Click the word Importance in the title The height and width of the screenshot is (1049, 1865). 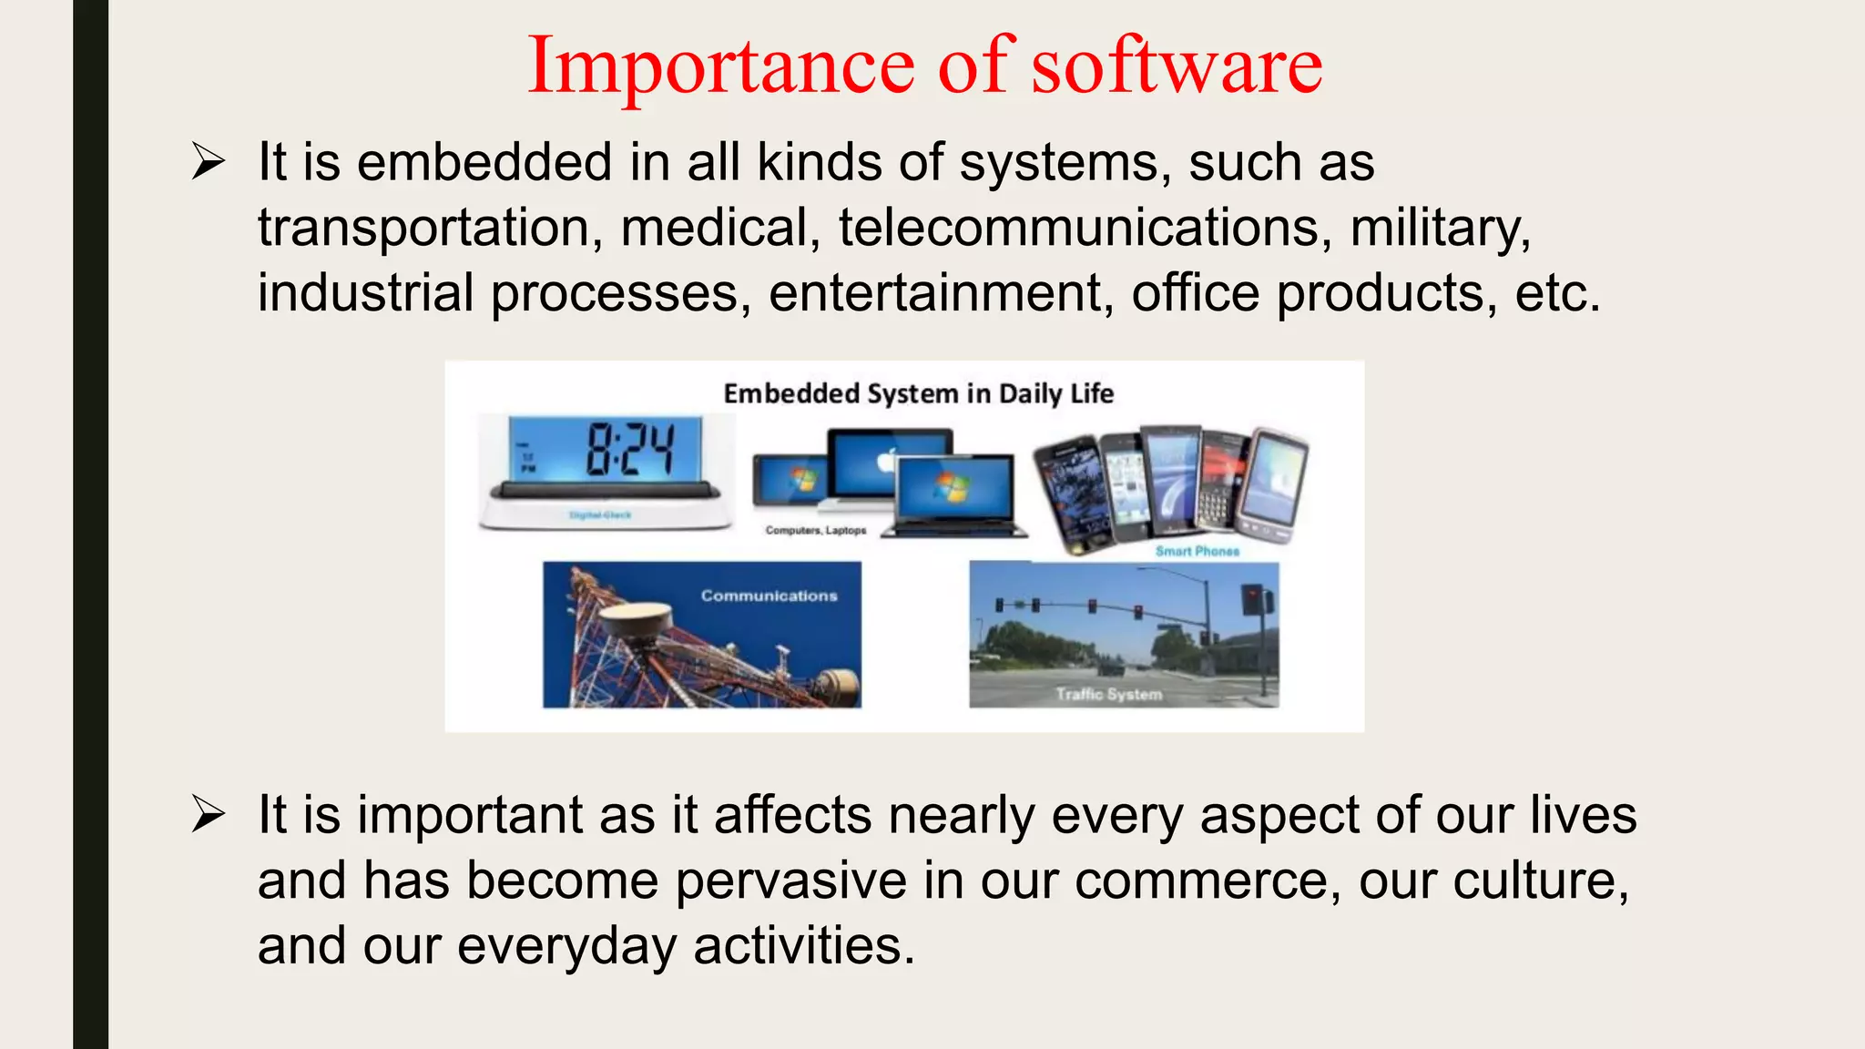coord(720,66)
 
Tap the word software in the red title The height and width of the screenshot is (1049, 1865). coord(1176,66)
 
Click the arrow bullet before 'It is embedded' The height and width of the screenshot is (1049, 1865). coord(209,163)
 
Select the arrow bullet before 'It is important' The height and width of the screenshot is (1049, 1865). coord(209,814)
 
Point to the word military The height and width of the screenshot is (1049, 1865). coord(1439,228)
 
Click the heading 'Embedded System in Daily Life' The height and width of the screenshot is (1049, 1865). coord(918,393)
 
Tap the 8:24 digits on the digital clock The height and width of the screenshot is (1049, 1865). coord(630,449)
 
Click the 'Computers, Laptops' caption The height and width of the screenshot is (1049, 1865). coord(815,530)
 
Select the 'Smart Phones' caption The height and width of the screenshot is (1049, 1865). coord(1197,551)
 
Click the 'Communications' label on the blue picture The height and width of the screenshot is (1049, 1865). coord(769,596)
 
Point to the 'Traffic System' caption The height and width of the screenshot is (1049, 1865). coord(1108,694)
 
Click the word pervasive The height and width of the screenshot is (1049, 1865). coord(790,881)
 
